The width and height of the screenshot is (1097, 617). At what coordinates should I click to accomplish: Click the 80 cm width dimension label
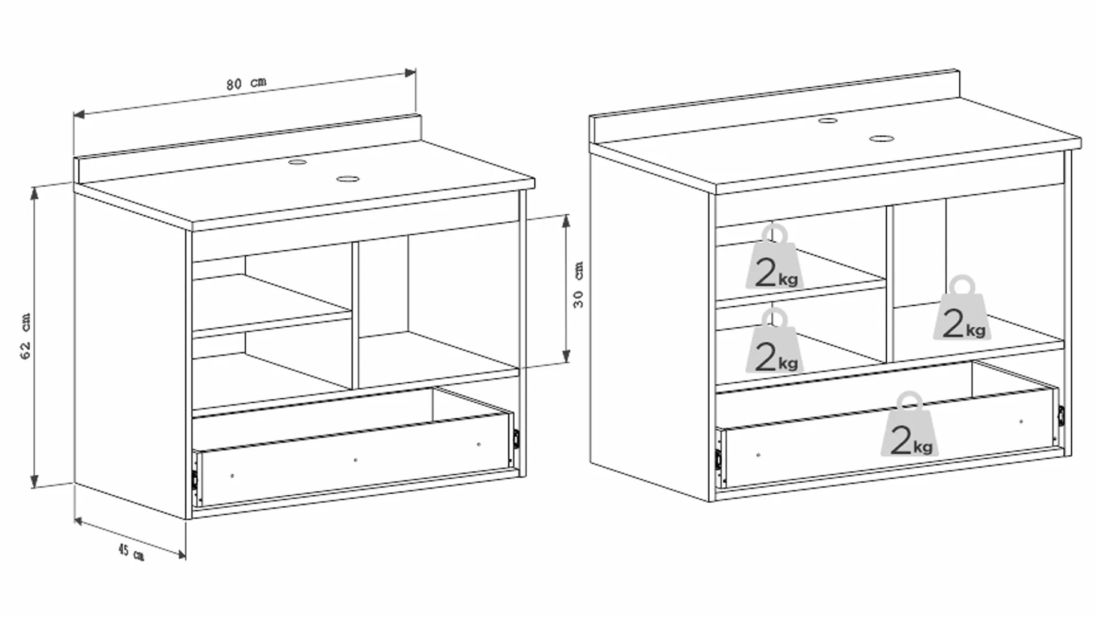(x=246, y=83)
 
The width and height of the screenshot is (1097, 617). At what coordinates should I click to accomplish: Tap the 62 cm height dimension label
(x=26, y=336)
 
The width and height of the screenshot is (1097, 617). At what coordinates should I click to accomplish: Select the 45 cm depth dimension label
(x=131, y=552)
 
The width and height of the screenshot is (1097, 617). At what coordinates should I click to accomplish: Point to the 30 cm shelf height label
(x=579, y=285)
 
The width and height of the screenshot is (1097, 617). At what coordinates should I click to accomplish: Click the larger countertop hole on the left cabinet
(x=346, y=179)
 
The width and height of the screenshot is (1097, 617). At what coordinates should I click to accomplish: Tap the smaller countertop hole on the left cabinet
(x=297, y=162)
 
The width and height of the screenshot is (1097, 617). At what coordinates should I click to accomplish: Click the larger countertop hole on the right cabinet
(x=881, y=138)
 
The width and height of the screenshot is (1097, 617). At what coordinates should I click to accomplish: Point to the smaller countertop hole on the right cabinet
(x=828, y=121)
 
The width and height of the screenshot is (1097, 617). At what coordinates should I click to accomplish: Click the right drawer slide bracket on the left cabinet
(x=516, y=439)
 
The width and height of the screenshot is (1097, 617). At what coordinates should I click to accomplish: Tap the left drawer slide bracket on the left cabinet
(x=195, y=479)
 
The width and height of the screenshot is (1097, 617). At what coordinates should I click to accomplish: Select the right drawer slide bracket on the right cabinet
(x=1061, y=415)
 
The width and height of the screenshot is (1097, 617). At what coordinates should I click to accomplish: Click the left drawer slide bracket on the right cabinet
(x=718, y=459)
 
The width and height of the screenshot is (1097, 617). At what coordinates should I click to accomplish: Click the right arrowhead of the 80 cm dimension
(x=410, y=73)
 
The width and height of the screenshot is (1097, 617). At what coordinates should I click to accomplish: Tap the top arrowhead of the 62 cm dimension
(x=34, y=193)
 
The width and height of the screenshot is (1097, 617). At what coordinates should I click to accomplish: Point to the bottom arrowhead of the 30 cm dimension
(x=566, y=357)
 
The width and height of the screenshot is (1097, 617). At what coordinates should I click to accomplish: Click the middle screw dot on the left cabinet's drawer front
(x=355, y=460)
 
